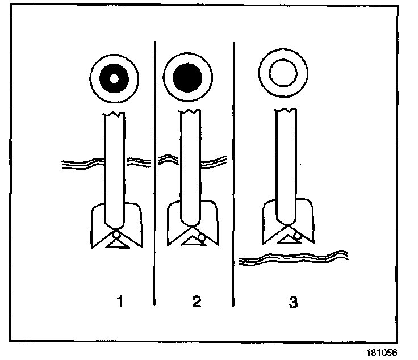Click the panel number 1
(x=119, y=302)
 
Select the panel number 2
(x=197, y=302)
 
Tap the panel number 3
(x=293, y=302)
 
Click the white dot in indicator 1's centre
(x=114, y=78)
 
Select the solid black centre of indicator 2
(x=188, y=77)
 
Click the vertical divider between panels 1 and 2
(x=155, y=170)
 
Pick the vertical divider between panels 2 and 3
(x=234, y=170)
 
